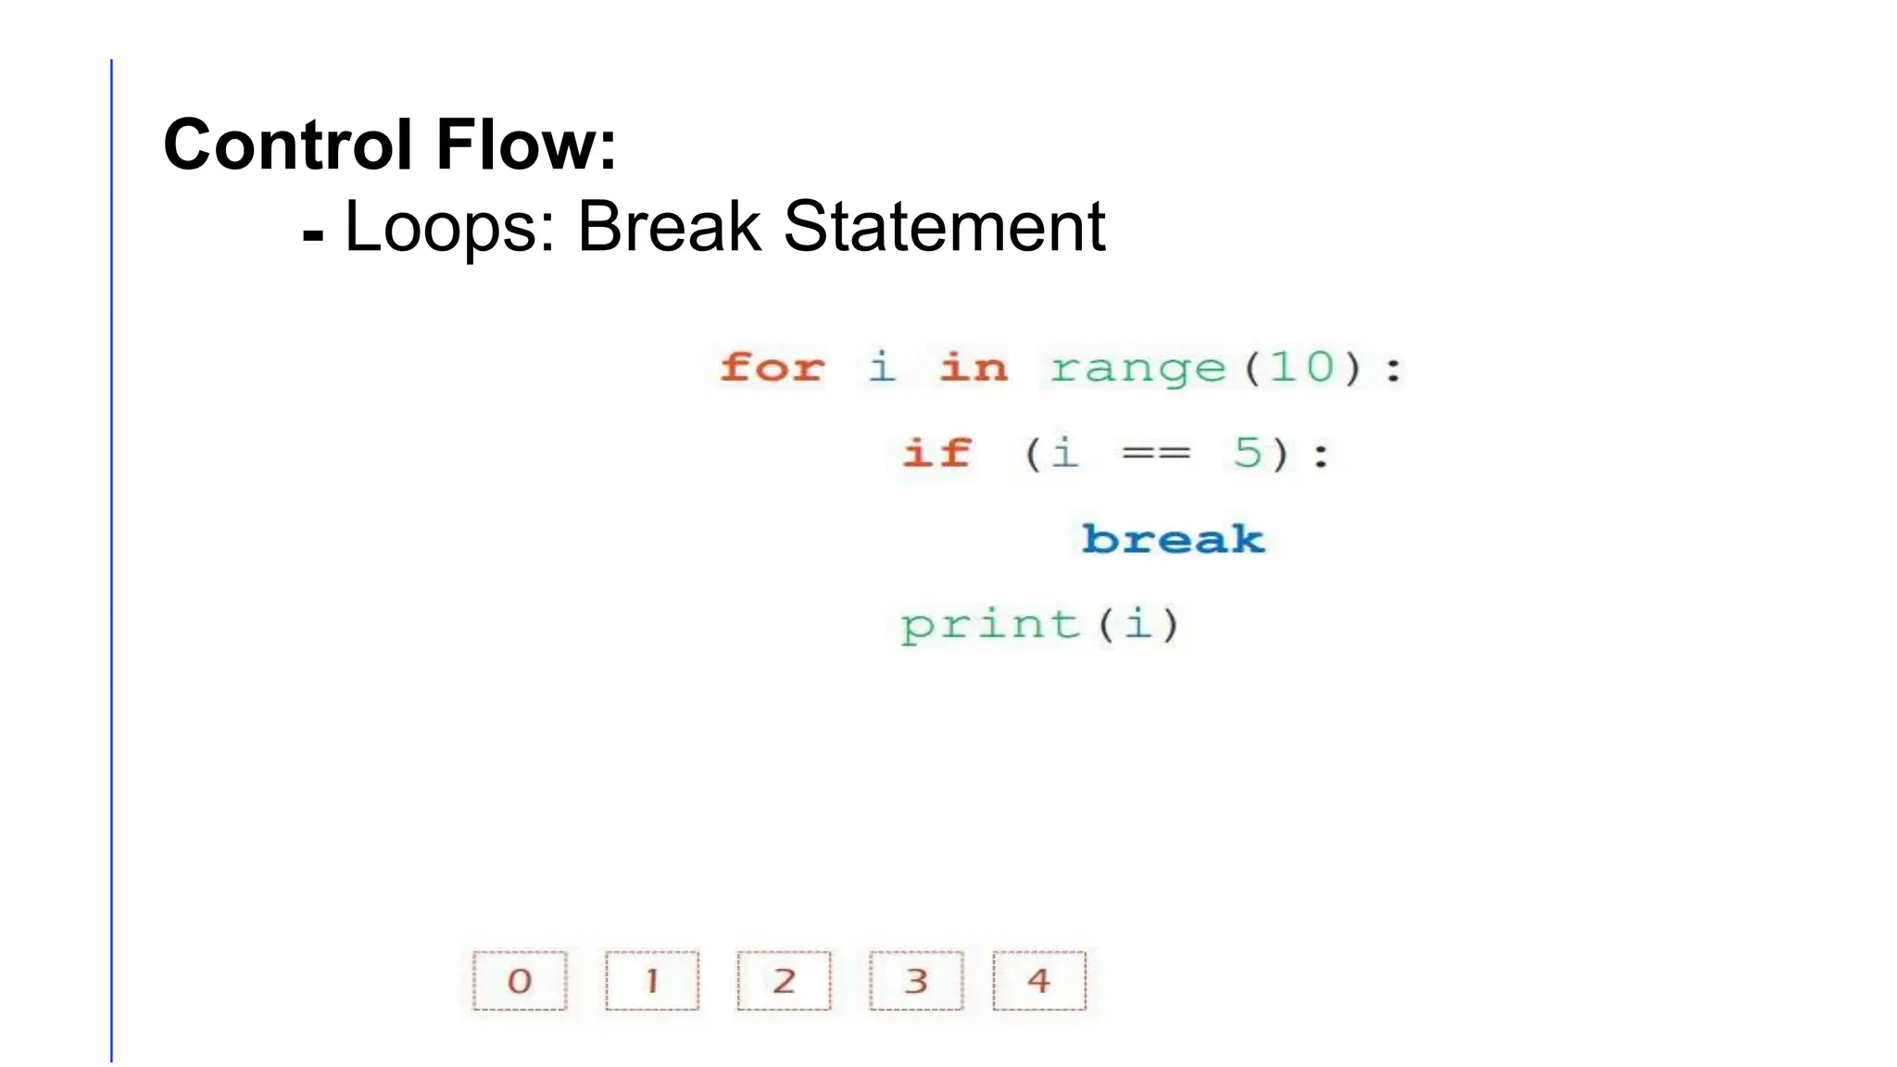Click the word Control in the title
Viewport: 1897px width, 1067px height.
pyautogui.click(x=286, y=145)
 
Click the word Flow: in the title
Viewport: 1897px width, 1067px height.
pyautogui.click(x=526, y=145)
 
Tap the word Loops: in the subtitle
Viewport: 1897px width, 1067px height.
pyautogui.click(x=449, y=227)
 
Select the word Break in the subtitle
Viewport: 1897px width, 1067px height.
pyautogui.click(x=669, y=227)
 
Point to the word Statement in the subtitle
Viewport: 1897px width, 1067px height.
pyautogui.click(x=944, y=227)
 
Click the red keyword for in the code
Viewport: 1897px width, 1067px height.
pyautogui.click(x=772, y=368)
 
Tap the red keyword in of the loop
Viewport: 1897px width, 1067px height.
pyautogui.click(x=973, y=368)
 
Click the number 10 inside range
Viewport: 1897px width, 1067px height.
pyautogui.click(x=1301, y=368)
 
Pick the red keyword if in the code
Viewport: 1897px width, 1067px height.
pyautogui.click(x=936, y=453)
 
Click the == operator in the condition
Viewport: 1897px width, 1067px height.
pyautogui.click(x=1155, y=454)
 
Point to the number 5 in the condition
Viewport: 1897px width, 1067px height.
pyautogui.click(x=1248, y=453)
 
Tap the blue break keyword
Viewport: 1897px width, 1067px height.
pyautogui.click(x=1173, y=538)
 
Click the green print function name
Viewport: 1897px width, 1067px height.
pyautogui.click(x=990, y=625)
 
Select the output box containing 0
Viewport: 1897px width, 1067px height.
pyautogui.click(x=520, y=980)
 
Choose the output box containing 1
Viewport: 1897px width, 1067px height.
pyautogui.click(x=652, y=980)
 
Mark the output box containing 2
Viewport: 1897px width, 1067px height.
pyautogui.click(x=784, y=980)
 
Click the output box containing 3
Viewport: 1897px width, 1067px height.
pyautogui.click(x=916, y=980)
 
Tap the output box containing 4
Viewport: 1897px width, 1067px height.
pyautogui.click(x=1038, y=980)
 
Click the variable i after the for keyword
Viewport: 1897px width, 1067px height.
pyautogui.click(x=882, y=367)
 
